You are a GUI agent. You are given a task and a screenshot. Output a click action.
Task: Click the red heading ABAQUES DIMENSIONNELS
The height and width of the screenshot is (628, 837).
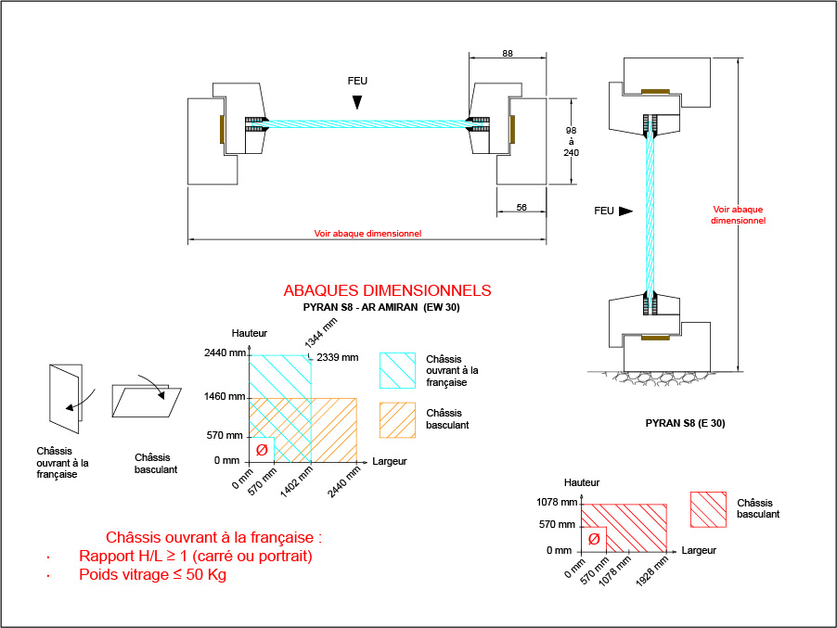[387, 290]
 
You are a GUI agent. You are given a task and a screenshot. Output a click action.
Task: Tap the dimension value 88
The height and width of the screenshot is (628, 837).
[507, 54]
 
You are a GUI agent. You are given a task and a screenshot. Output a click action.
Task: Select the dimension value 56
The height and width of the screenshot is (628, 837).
[522, 208]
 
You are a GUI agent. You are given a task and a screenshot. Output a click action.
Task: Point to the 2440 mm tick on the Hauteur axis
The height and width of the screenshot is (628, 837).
[226, 353]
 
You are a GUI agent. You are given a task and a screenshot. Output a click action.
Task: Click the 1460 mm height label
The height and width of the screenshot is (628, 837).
[225, 397]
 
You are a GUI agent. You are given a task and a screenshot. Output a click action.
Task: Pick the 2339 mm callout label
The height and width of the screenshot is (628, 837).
[337, 357]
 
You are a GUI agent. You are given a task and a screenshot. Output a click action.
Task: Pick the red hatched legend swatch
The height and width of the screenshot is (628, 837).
[708, 508]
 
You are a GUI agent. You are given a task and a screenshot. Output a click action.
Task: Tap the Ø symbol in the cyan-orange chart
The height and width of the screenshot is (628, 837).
[262, 450]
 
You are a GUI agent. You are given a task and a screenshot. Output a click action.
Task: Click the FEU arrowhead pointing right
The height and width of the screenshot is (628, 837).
[625, 211]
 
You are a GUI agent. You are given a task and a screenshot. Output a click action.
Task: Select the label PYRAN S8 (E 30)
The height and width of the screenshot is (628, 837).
[685, 423]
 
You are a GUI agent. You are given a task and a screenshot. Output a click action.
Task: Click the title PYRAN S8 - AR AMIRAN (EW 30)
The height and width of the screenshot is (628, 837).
[381, 307]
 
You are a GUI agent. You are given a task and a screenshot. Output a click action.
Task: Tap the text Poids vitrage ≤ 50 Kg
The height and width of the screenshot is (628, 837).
[152, 574]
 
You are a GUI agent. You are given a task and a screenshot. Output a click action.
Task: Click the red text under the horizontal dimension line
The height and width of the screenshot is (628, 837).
[367, 234]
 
